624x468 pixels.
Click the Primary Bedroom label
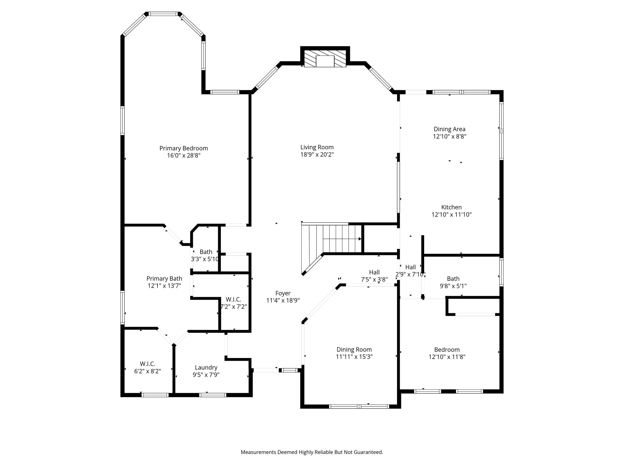184,148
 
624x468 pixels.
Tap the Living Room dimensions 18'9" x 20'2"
317,154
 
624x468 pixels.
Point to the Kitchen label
452,207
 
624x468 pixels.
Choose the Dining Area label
450,129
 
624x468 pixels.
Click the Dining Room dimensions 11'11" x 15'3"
354,357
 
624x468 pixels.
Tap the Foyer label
283,293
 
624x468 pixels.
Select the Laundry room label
206,367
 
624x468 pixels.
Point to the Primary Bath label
164,278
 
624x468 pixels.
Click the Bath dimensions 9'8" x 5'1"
453,286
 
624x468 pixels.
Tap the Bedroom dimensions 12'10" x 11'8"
447,357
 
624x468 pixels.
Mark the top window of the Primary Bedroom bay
163,14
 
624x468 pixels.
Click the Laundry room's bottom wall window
213,395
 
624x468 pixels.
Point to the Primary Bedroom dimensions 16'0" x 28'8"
184,156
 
